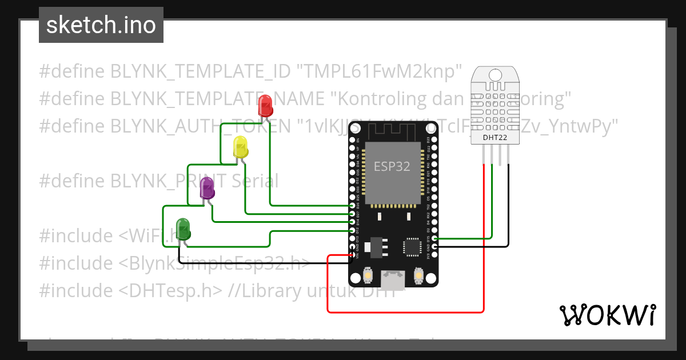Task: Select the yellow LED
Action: (241, 147)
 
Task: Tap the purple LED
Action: (207, 189)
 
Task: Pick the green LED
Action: (183, 229)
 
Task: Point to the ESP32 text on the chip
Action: (392, 167)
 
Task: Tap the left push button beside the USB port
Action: (369, 277)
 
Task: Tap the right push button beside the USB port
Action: (418, 277)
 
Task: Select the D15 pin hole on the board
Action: (435, 238)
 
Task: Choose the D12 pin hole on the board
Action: (352, 230)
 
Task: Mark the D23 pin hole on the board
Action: (435, 139)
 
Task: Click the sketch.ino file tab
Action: (101, 25)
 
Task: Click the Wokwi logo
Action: (607, 315)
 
